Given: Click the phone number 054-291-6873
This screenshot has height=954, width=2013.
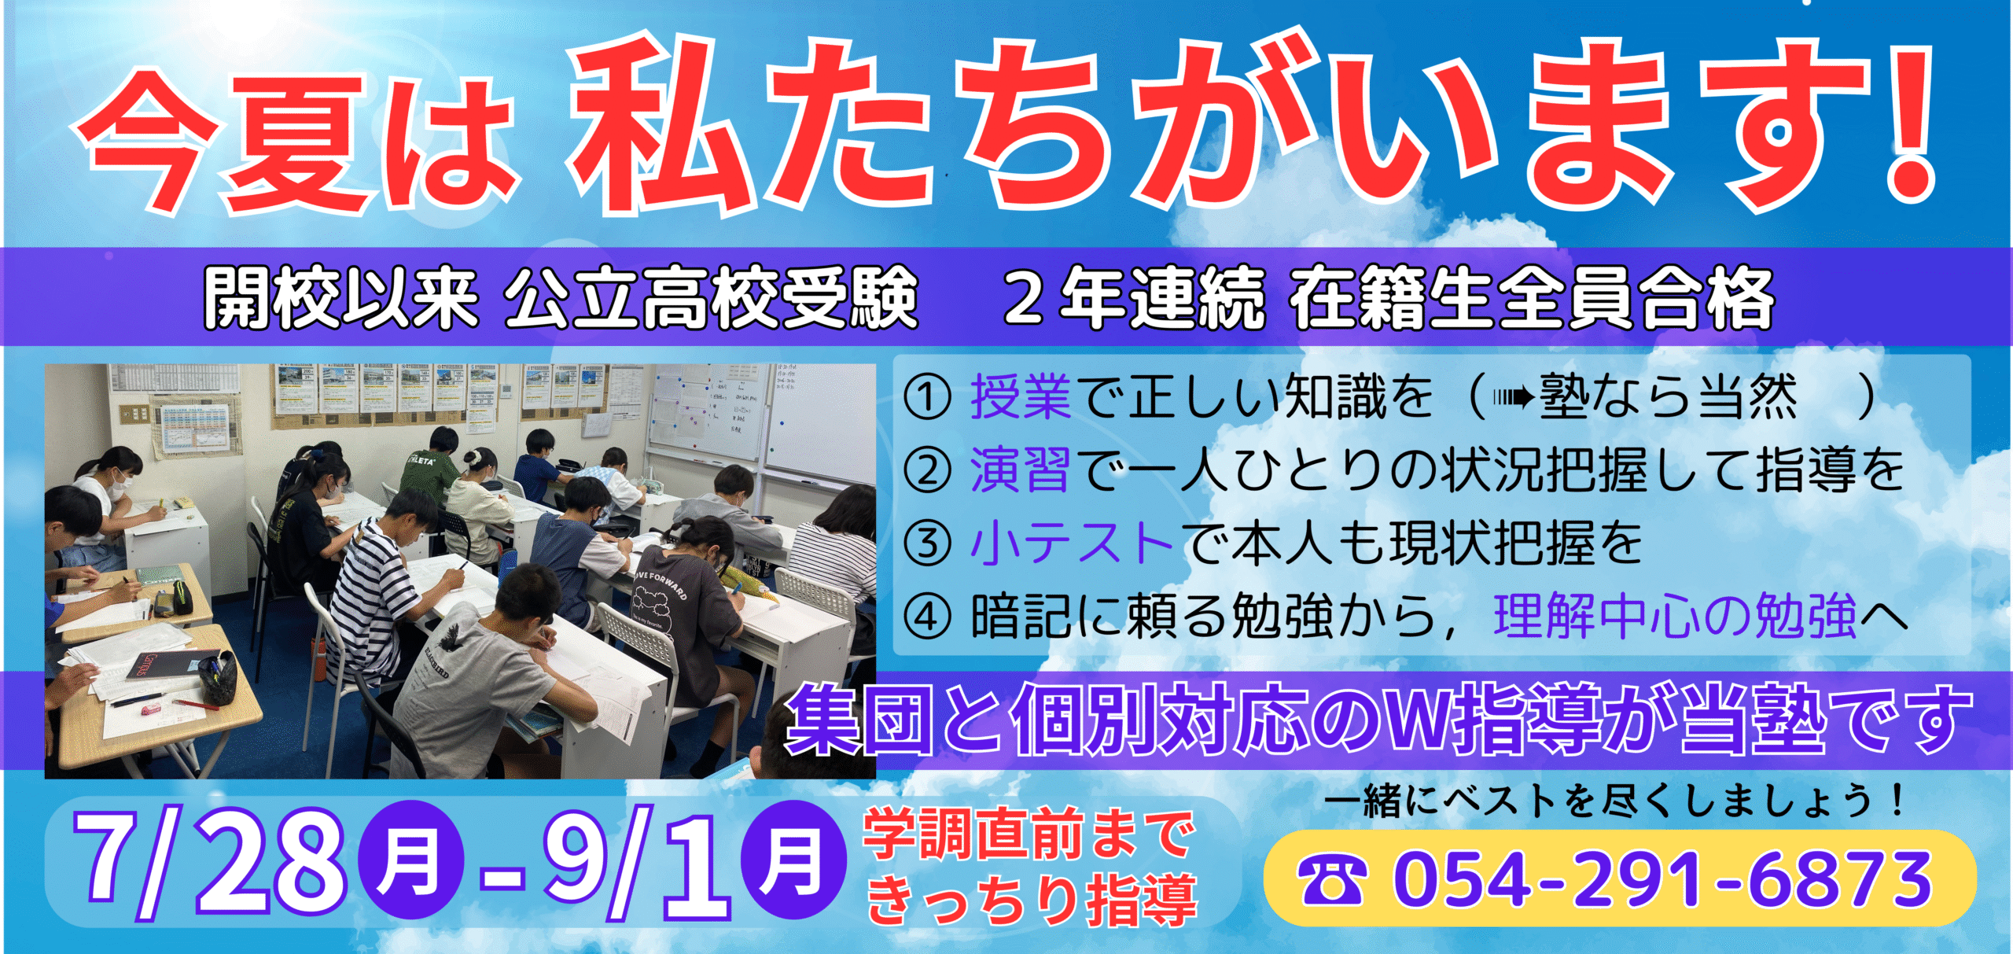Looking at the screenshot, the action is tap(1662, 879).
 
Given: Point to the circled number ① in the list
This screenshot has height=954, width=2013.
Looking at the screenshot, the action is tap(927, 398).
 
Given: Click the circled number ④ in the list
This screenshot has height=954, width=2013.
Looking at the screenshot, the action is tap(927, 616).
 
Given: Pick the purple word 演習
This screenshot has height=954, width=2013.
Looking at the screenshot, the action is tap(1021, 470).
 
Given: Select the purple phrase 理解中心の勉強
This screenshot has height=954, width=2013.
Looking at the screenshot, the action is tap(1675, 616).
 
